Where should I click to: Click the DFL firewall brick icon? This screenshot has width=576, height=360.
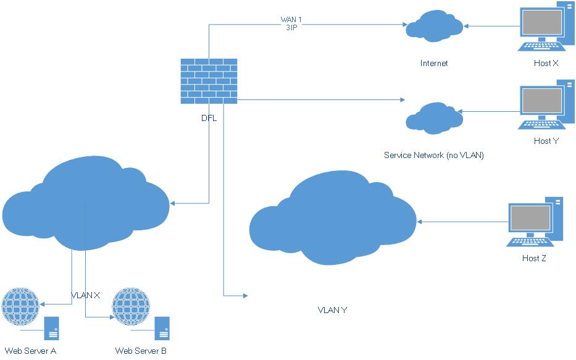tap(209, 81)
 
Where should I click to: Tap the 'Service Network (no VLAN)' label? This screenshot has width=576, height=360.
tap(433, 155)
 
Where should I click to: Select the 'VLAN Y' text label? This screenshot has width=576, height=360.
tap(332, 309)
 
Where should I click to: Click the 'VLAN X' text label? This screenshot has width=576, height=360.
tap(86, 295)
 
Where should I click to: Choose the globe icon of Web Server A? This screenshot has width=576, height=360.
tap(20, 306)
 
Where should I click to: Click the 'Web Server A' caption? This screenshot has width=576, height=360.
tap(30, 351)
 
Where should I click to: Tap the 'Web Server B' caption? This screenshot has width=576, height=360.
tap(141, 351)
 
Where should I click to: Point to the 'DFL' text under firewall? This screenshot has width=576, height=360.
tap(209, 119)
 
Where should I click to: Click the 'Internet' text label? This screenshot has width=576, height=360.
tap(433, 63)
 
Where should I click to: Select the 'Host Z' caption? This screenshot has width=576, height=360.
tap(534, 258)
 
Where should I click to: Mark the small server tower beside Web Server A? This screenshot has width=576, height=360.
tap(51, 329)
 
